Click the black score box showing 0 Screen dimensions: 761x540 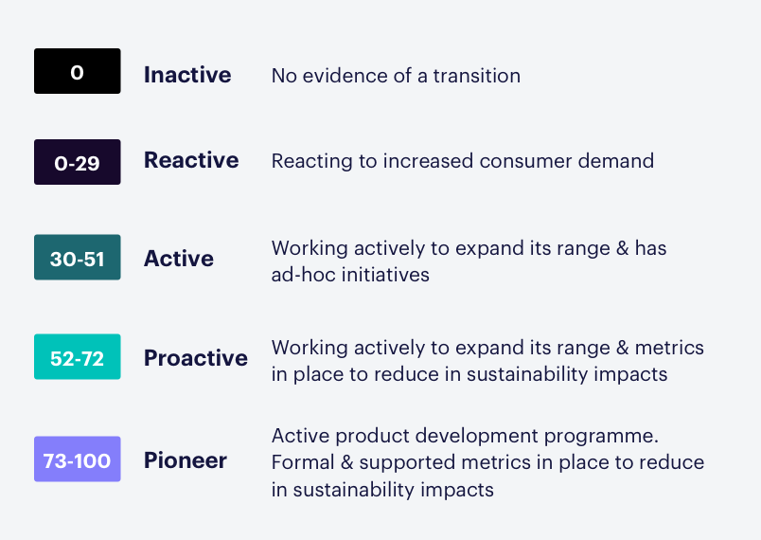pyautogui.click(x=78, y=71)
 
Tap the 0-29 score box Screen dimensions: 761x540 pyautogui.click(x=78, y=162)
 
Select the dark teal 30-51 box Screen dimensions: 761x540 pyautogui.click(x=78, y=257)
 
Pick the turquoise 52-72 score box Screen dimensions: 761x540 pyautogui.click(x=78, y=356)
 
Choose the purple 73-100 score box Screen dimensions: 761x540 pyautogui.click(x=78, y=459)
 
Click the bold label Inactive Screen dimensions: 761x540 pyautogui.click(x=187, y=75)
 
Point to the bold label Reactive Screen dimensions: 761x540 pyautogui.click(x=191, y=160)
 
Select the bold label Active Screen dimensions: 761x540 pyautogui.click(x=179, y=259)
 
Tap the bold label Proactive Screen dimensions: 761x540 pyautogui.click(x=196, y=358)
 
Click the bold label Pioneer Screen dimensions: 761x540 pyautogui.click(x=186, y=460)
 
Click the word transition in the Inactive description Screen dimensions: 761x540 pyautogui.click(x=477, y=76)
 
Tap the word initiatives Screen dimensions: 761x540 pyautogui.click(x=385, y=275)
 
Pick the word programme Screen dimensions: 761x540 pyautogui.click(x=601, y=437)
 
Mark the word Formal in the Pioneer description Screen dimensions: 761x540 pyautogui.click(x=303, y=462)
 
